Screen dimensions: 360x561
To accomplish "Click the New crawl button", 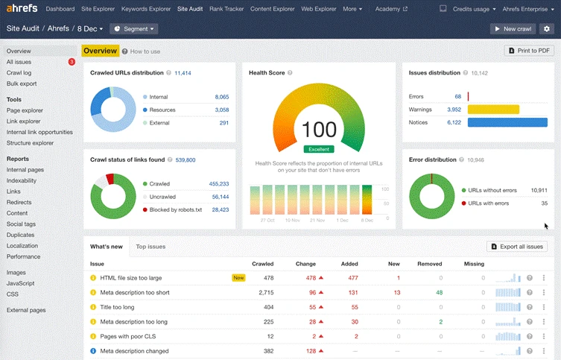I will click(513, 28).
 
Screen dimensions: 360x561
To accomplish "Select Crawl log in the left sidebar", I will click(19, 73).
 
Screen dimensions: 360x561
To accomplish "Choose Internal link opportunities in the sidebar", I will click(39, 132).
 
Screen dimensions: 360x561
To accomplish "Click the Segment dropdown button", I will click(134, 28).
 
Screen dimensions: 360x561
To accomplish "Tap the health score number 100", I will click(320, 130).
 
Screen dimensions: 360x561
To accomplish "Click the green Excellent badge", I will click(320, 149).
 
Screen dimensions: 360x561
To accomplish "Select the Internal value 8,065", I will click(221, 97).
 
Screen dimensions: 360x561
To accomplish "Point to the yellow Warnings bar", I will click(493, 110).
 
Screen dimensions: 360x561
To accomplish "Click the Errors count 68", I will click(457, 97).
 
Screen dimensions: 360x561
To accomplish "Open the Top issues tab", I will click(150, 246).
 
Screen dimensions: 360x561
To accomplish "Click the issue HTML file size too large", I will click(131, 278).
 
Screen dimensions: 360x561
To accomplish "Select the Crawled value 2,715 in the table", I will click(265, 293).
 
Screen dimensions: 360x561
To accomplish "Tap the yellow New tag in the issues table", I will click(238, 278).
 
